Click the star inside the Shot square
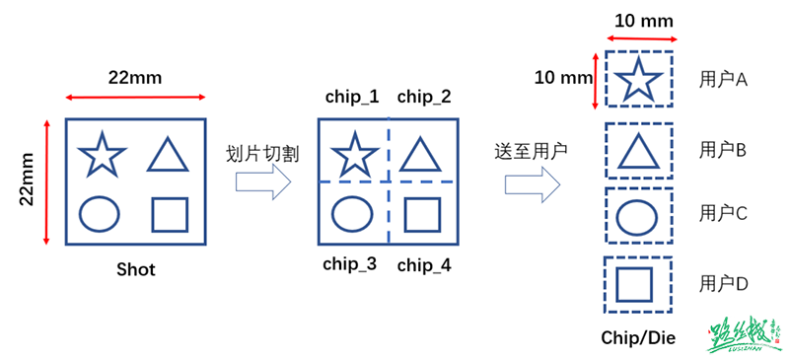(x=102, y=155)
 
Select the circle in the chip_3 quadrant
(x=352, y=213)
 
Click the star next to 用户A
(x=638, y=78)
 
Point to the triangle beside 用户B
(x=638, y=150)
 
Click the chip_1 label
(x=352, y=97)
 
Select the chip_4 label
(x=424, y=263)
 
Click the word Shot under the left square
(x=135, y=269)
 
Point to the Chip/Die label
(x=638, y=337)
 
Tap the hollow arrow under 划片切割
(x=263, y=182)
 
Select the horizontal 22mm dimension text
(x=135, y=78)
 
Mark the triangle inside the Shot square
(x=168, y=155)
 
